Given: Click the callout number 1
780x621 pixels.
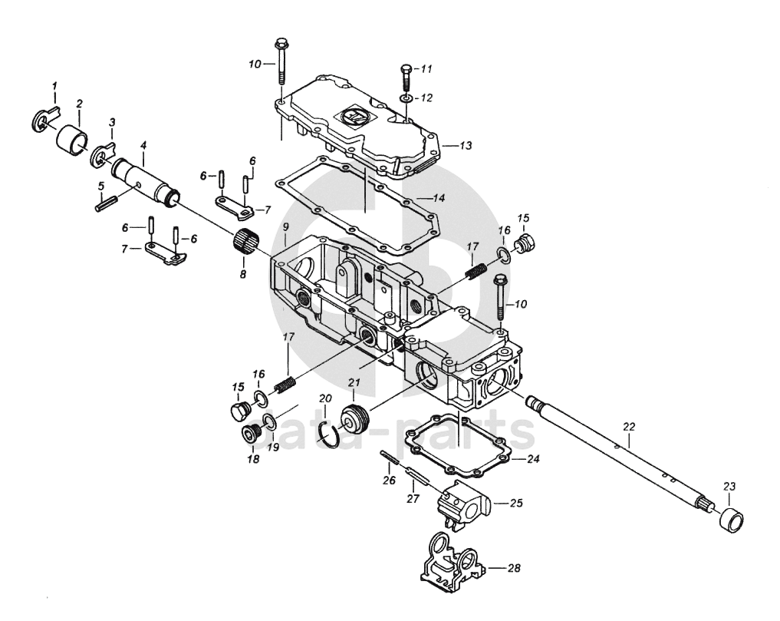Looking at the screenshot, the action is [x=54, y=86].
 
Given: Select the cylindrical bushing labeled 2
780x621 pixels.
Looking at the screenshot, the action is [x=73, y=141].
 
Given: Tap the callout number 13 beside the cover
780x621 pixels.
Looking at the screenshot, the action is [x=466, y=145].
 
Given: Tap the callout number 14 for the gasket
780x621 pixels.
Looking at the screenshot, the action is [x=438, y=198].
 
